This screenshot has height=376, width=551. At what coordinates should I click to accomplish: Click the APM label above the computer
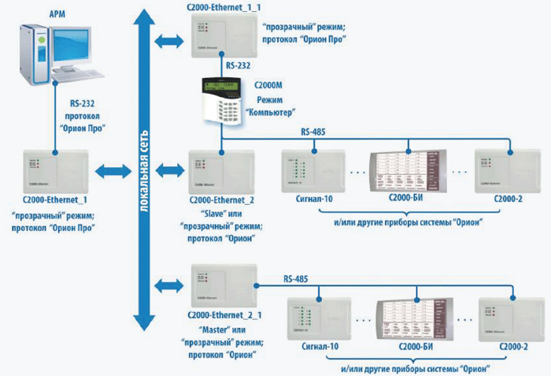click(57, 13)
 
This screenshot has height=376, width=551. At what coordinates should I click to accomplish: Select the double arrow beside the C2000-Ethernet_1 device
click(109, 169)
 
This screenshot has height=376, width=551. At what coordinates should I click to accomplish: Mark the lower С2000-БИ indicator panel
click(412, 319)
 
